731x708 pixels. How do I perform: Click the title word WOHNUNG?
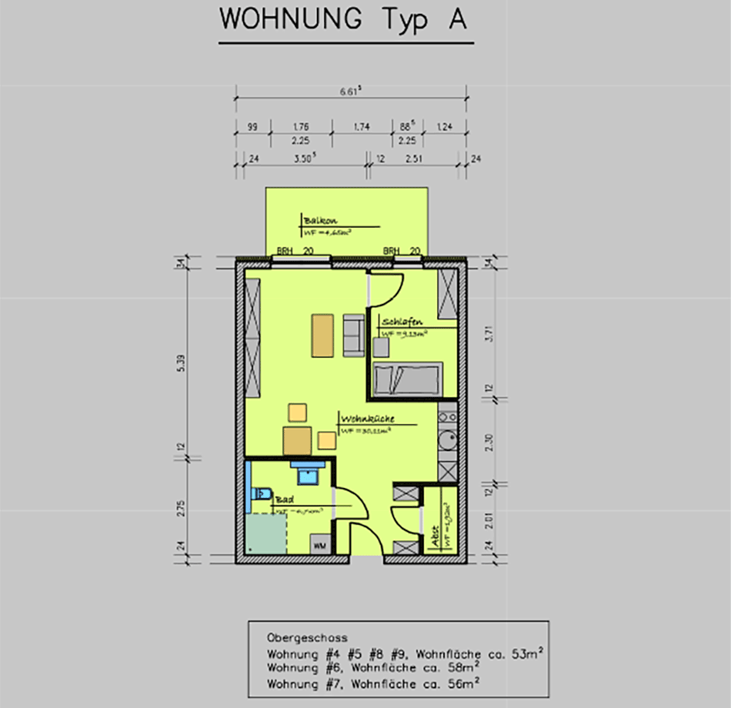290,20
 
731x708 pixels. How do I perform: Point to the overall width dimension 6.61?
350,91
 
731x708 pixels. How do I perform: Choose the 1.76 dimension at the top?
301,127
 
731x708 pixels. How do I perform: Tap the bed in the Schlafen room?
407,379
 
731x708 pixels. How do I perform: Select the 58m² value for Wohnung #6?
459,667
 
